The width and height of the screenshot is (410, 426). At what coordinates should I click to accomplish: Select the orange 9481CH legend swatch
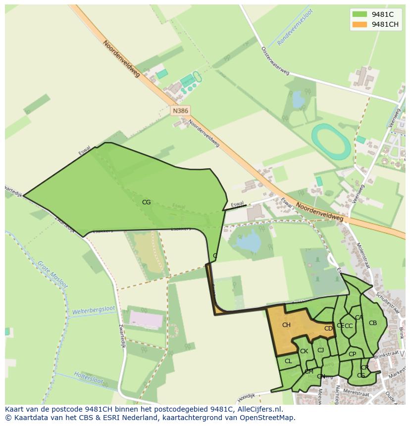359,24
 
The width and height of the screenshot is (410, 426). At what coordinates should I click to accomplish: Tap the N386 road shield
180,111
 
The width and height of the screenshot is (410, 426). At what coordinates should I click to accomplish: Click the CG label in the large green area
146,202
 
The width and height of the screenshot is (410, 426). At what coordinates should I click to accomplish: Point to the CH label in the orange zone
286,325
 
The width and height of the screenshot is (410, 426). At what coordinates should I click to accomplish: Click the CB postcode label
373,323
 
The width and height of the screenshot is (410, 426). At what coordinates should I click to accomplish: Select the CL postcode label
288,361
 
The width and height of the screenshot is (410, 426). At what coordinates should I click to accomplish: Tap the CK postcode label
304,351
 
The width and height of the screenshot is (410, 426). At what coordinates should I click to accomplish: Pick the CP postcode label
352,354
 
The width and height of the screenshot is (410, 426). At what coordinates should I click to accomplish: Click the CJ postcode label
320,350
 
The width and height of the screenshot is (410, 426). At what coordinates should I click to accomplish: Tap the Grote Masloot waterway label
53,273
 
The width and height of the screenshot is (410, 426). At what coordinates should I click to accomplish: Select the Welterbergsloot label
94,310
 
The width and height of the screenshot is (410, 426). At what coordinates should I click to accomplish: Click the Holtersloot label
88,378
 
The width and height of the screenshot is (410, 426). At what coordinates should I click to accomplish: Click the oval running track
330,142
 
